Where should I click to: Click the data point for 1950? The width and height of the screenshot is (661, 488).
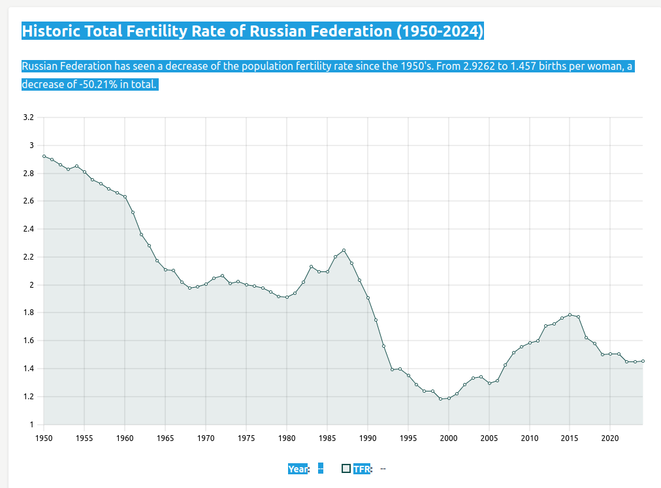click(44, 156)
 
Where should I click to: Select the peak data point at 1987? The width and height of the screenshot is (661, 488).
click(344, 251)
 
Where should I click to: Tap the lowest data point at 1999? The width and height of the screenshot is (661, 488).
click(441, 399)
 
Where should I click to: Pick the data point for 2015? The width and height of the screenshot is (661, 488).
click(570, 314)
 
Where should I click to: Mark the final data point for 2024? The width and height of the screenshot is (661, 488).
click(643, 361)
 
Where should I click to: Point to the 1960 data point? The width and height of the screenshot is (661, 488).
click(125, 196)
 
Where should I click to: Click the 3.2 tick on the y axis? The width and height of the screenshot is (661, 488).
click(28, 117)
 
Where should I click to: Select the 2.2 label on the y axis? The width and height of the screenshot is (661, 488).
click(28, 257)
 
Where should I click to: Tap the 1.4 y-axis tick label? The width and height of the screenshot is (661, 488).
click(28, 369)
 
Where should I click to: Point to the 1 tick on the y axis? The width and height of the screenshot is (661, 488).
click(31, 425)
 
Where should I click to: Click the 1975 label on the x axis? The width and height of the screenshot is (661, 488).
click(246, 438)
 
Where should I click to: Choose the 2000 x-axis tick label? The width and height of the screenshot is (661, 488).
click(449, 438)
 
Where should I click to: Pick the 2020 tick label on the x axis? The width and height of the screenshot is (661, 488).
click(610, 438)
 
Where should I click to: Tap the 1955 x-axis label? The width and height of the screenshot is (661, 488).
click(84, 438)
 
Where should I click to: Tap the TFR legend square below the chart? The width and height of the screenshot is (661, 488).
click(346, 468)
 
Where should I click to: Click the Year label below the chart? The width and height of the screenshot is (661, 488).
click(298, 468)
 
